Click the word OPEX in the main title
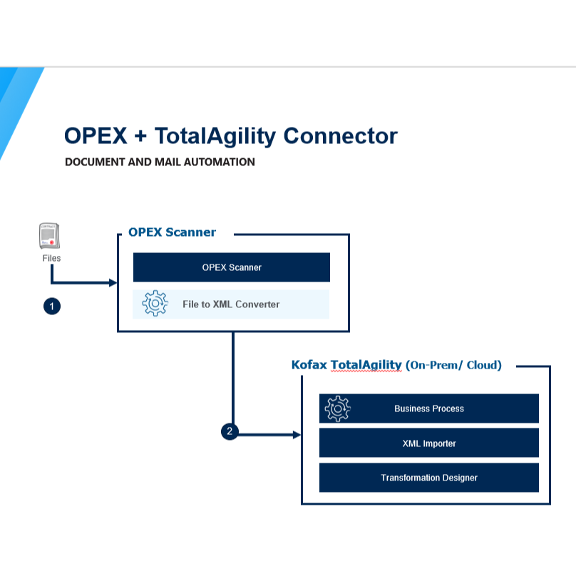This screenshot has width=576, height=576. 94,135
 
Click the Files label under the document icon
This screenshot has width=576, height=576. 51,258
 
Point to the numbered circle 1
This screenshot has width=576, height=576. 51,307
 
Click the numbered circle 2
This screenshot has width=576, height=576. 229,431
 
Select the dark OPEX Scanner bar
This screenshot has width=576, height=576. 232,267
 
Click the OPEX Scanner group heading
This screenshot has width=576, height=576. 172,232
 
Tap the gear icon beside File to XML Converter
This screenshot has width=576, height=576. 155,304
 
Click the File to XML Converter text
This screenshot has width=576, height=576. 231,304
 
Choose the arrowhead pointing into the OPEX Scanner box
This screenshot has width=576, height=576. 113,283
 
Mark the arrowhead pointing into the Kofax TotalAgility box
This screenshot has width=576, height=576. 297,434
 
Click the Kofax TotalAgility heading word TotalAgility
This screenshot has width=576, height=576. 366,365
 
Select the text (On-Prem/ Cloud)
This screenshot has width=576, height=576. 453,365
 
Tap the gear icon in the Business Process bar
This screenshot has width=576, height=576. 337,408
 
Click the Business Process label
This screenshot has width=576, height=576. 429,408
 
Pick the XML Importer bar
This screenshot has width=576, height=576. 429,443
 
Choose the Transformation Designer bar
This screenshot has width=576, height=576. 429,478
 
